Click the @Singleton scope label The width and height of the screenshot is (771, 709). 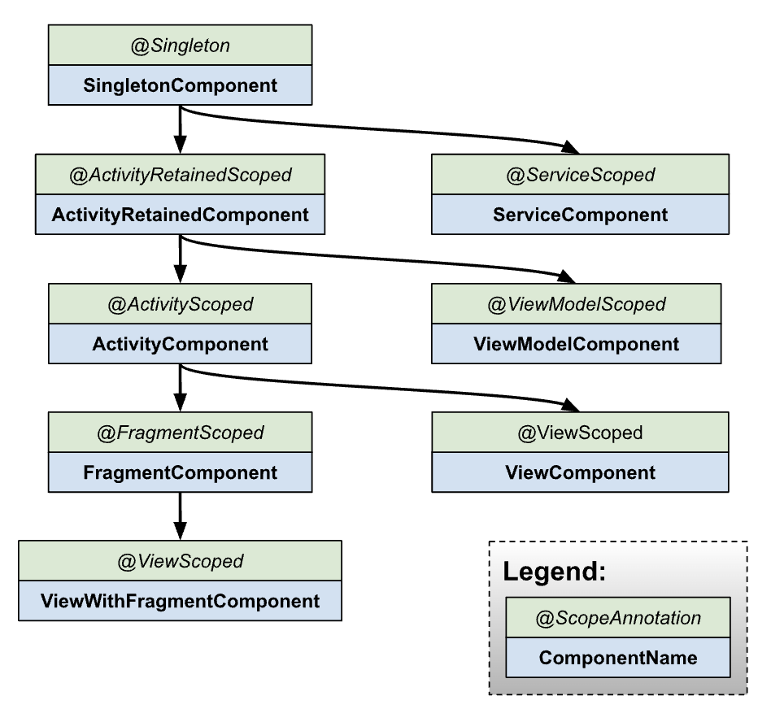(x=180, y=46)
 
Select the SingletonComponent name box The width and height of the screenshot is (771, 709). (x=180, y=85)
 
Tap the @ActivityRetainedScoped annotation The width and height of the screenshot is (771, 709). (x=180, y=175)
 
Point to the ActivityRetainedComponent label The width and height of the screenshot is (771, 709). (x=180, y=215)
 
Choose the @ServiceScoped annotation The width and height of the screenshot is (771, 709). (x=580, y=175)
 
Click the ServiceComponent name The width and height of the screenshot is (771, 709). (x=580, y=215)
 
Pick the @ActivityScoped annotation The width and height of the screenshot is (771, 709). (x=180, y=304)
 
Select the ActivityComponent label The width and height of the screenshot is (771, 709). (x=180, y=344)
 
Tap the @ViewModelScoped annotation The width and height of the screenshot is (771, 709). (x=577, y=304)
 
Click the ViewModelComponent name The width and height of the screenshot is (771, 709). (x=577, y=344)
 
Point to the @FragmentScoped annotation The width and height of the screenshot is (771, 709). (x=180, y=433)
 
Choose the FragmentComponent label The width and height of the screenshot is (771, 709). (x=180, y=472)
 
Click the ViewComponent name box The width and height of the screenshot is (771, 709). (x=580, y=472)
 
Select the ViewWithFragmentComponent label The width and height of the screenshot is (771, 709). (x=180, y=602)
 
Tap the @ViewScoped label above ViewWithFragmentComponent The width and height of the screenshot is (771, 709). (x=180, y=561)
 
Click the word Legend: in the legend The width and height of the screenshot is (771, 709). (x=554, y=572)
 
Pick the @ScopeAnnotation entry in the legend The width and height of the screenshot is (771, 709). (x=618, y=618)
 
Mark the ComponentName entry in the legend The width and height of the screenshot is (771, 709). (x=618, y=658)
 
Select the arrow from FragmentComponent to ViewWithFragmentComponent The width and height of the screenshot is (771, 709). (x=180, y=515)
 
